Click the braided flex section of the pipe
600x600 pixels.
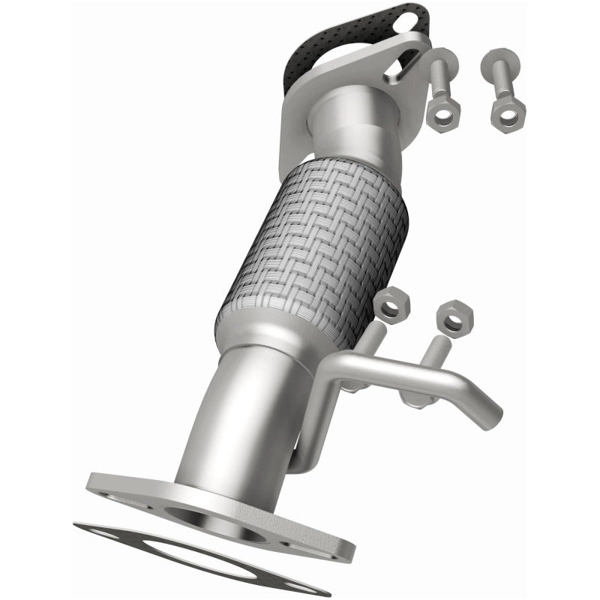pyautogui.click(x=315, y=247)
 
